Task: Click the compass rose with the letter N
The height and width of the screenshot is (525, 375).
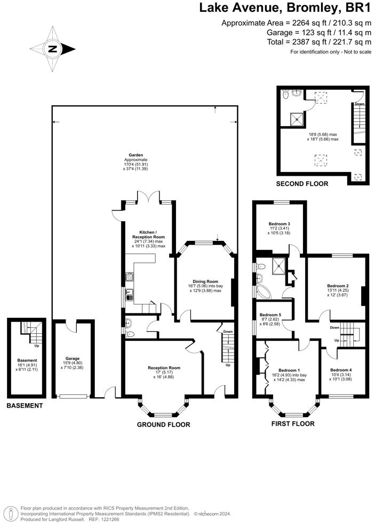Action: pyautogui.click(x=52, y=49)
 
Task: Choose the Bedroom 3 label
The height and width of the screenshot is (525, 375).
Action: pyautogui.click(x=279, y=223)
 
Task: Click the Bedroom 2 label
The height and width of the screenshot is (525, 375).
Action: pyautogui.click(x=338, y=286)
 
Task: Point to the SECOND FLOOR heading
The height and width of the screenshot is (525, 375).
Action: pyautogui.click(x=302, y=184)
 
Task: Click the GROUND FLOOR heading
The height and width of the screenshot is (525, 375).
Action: pyautogui.click(x=163, y=425)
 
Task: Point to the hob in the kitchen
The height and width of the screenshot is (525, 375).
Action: pyautogui.click(x=129, y=277)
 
